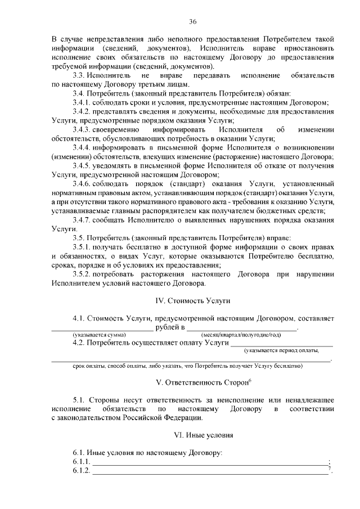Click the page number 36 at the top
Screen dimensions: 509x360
(x=192, y=22)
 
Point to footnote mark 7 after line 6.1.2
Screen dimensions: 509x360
(x=330, y=469)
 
